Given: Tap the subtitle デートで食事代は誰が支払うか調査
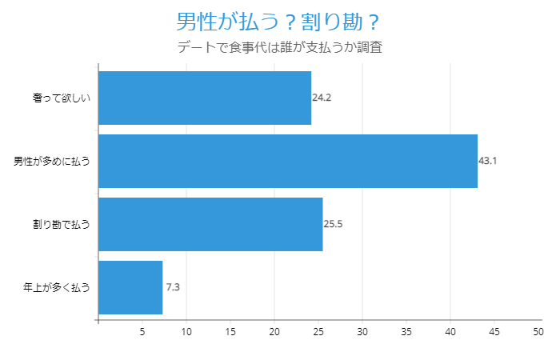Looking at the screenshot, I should pyautogui.click(x=279, y=47).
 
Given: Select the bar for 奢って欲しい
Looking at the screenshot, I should pyautogui.click(x=205, y=98).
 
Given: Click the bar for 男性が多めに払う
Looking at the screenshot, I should pyautogui.click(x=288, y=161).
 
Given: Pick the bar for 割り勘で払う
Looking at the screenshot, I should pyautogui.click(x=210, y=224).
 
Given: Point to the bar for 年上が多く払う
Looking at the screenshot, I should pyautogui.click(x=130, y=287).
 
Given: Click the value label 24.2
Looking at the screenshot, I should pyautogui.click(x=322, y=98).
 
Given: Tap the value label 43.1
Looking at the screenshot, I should pyautogui.click(x=488, y=161).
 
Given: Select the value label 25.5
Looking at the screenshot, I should pyautogui.click(x=333, y=224).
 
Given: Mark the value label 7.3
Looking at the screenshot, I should pyautogui.click(x=173, y=287).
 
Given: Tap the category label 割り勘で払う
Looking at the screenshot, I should pyautogui.click(x=61, y=224).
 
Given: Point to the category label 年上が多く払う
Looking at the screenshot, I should pyautogui.click(x=56, y=287).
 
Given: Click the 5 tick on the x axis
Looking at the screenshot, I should pyautogui.click(x=142, y=331).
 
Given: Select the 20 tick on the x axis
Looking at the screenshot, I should pyautogui.click(x=274, y=331).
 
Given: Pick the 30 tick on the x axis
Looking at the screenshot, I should pyautogui.click(x=362, y=331).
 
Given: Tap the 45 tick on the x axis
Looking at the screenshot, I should pyautogui.click(x=494, y=331).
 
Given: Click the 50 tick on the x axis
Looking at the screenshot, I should pyautogui.click(x=538, y=331).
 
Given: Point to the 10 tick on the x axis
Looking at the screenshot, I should pyautogui.click(x=186, y=331).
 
